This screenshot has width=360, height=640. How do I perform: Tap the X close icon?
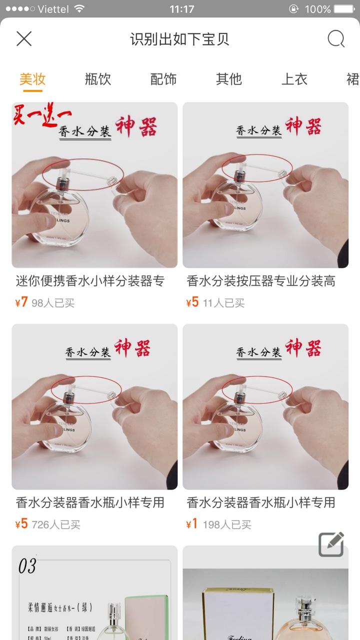click(x=24, y=38)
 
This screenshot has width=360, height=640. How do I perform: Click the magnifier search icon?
click(x=336, y=39)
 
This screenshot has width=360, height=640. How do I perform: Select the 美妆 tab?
click(x=32, y=79)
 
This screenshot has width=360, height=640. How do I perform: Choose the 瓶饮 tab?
click(x=98, y=79)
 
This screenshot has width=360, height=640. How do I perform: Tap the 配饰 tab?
click(x=163, y=79)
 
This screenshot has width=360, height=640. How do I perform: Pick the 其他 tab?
click(x=228, y=79)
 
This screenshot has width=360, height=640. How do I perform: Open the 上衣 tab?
click(x=294, y=79)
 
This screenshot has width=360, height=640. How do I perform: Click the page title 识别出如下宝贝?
click(x=179, y=39)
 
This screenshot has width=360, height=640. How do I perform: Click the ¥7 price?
click(x=21, y=302)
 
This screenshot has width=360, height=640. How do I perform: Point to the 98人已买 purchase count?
click(x=53, y=303)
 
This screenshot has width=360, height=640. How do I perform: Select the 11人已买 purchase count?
click(x=223, y=303)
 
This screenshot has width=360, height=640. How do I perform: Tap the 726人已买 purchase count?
click(x=56, y=524)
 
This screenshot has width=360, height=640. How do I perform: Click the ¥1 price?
click(x=192, y=524)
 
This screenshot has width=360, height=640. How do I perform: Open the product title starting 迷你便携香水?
click(x=90, y=281)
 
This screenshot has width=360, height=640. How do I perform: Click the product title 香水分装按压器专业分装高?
click(x=260, y=281)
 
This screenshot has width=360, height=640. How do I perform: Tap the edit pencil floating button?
click(x=331, y=544)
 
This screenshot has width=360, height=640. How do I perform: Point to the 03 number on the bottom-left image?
click(x=27, y=566)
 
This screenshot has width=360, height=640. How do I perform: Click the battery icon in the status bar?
click(x=344, y=9)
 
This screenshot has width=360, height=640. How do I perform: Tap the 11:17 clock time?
click(x=181, y=9)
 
